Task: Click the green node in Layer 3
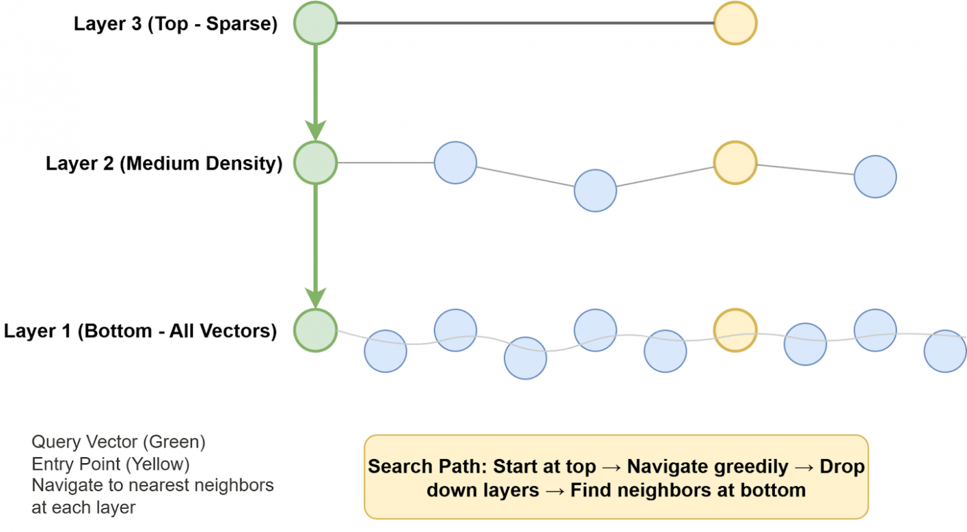pyautogui.click(x=316, y=24)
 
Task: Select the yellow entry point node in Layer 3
pyautogui.click(x=735, y=24)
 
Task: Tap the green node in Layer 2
pyautogui.click(x=316, y=163)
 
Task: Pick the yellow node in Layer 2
pyautogui.click(x=735, y=163)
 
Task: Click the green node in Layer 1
pyautogui.click(x=316, y=331)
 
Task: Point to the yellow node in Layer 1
pyautogui.click(x=735, y=331)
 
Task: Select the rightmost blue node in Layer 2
pyautogui.click(x=875, y=177)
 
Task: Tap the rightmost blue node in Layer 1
pyautogui.click(x=945, y=351)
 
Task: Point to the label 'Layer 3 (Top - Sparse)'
pyautogui.click(x=175, y=24)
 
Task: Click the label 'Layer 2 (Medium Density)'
pyautogui.click(x=164, y=164)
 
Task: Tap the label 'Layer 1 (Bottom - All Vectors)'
pyautogui.click(x=140, y=331)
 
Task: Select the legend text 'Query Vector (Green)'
pyautogui.click(x=118, y=442)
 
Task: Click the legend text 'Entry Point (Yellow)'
pyautogui.click(x=110, y=464)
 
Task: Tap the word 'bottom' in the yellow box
pyautogui.click(x=773, y=490)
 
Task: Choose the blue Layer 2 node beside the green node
pyautogui.click(x=455, y=163)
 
